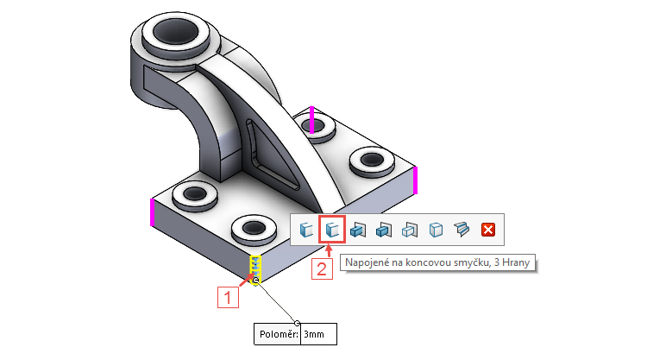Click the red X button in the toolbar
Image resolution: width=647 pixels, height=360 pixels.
pyautogui.click(x=488, y=230)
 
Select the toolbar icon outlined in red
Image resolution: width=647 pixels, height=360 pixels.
pyautogui.click(x=332, y=230)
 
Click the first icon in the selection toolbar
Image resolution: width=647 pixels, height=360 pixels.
pyautogui.click(x=305, y=230)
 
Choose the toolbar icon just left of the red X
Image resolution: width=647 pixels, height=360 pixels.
pyautogui.click(x=462, y=230)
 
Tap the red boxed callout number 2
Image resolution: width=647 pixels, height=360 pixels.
pyautogui.click(x=321, y=269)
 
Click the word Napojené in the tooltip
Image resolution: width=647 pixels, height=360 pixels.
pyautogui.click(x=371, y=262)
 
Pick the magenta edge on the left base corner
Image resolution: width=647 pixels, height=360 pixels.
pyautogui.click(x=152, y=212)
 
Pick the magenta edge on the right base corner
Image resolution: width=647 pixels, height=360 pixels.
pyautogui.click(x=416, y=180)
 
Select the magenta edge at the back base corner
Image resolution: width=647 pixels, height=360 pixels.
pyautogui.click(x=312, y=121)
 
